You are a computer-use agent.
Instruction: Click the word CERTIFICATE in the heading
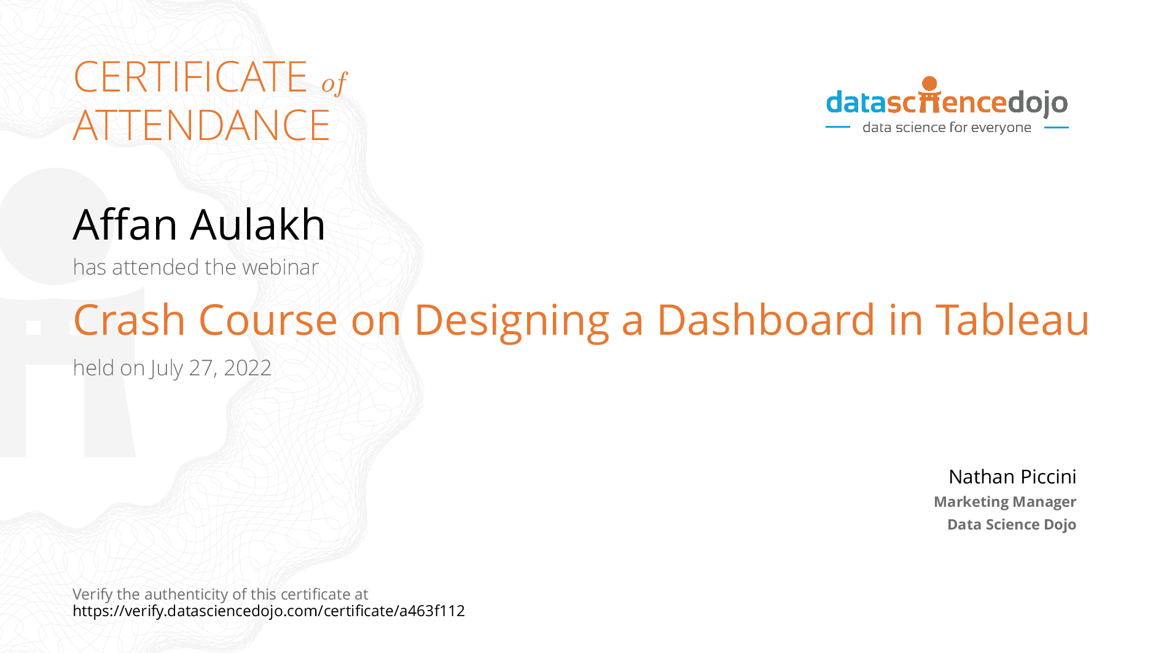click(x=190, y=77)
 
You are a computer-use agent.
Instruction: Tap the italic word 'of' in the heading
click(x=334, y=84)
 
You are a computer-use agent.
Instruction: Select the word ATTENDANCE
click(x=201, y=126)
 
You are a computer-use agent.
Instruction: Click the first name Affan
click(x=125, y=225)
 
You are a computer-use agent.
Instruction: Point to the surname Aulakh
click(x=257, y=225)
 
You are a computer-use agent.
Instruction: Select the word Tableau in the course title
click(x=1012, y=321)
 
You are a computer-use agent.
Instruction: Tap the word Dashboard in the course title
click(x=765, y=321)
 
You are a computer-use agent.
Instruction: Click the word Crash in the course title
click(x=129, y=321)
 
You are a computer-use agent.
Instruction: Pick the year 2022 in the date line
click(x=248, y=368)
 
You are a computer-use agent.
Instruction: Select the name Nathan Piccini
click(x=1012, y=477)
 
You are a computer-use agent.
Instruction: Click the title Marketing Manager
click(x=1004, y=502)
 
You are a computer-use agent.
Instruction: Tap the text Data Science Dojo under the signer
click(x=1011, y=525)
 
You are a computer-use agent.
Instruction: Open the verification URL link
click(x=268, y=611)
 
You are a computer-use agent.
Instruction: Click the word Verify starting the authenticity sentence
click(x=92, y=595)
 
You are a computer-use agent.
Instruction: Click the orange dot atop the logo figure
click(x=929, y=84)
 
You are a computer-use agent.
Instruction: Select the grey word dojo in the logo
click(x=1038, y=103)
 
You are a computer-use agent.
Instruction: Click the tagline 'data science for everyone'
click(x=946, y=128)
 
